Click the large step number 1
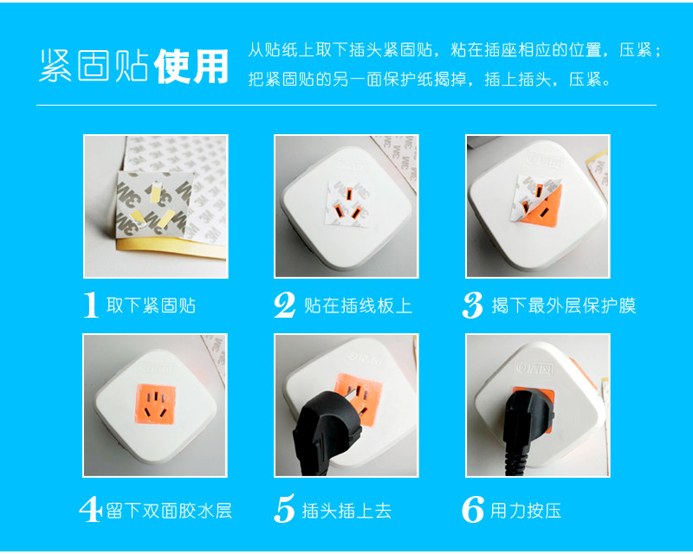91,305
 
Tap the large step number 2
285,305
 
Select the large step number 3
473,305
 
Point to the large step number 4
90,510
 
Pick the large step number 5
284,510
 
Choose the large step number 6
473,510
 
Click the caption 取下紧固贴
151,306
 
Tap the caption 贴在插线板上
358,306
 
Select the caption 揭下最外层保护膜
563,306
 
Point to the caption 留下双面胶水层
169,510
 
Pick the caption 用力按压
526,510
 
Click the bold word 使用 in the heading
191,68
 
